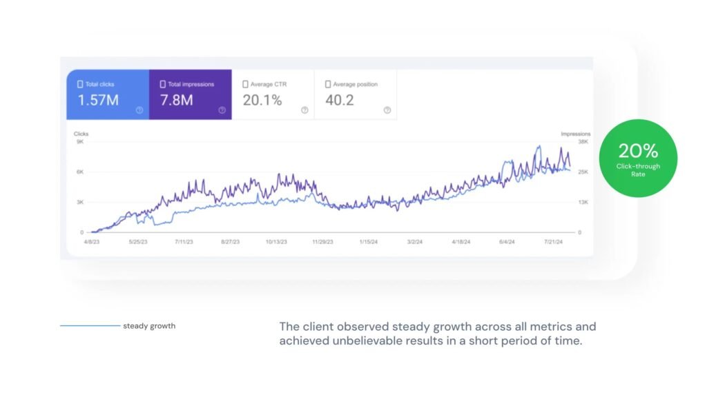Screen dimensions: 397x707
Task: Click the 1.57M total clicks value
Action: (x=97, y=101)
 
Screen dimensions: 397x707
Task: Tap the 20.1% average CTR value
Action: (x=262, y=101)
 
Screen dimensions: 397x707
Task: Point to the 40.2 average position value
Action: (x=340, y=101)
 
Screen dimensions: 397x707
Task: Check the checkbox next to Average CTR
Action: (x=245, y=84)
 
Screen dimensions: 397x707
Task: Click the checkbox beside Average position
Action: (x=328, y=84)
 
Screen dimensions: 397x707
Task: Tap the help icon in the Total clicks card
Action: (x=139, y=110)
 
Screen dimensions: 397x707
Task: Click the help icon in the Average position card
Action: (x=387, y=110)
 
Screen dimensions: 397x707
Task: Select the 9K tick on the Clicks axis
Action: (x=80, y=142)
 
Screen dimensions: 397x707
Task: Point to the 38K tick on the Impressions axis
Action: (x=583, y=142)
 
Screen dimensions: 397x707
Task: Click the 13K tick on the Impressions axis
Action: (x=583, y=203)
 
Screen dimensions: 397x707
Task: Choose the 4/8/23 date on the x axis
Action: (x=92, y=242)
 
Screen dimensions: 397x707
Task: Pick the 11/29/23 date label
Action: (x=322, y=242)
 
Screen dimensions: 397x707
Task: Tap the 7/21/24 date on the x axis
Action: (x=554, y=242)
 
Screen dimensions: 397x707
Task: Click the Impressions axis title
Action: (x=575, y=134)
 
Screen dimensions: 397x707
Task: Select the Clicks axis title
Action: (x=81, y=134)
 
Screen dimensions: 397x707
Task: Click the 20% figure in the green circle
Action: (x=638, y=151)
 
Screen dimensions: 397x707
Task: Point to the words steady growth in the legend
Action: (x=149, y=326)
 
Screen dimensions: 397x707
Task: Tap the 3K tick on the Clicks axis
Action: (x=80, y=203)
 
